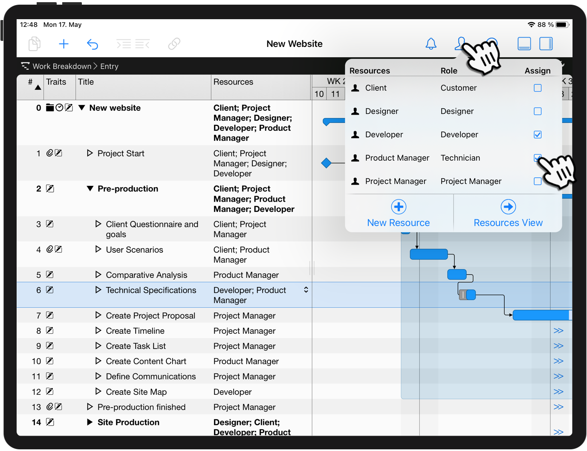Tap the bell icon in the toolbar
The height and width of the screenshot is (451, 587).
pyautogui.click(x=431, y=43)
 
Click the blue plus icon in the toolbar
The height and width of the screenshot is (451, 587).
pyautogui.click(x=64, y=43)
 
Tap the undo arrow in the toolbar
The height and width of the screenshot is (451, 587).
pyautogui.click(x=93, y=44)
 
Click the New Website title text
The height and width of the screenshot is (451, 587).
pyautogui.click(x=294, y=44)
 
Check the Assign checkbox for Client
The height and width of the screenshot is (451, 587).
pyautogui.click(x=538, y=88)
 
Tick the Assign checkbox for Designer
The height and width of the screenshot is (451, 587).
pyautogui.click(x=538, y=111)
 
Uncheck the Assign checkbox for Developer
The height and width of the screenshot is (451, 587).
pyautogui.click(x=538, y=135)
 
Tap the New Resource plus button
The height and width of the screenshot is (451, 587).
pyautogui.click(x=399, y=207)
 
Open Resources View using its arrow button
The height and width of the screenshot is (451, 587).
pyautogui.click(x=508, y=207)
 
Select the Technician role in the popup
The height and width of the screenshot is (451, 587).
pyautogui.click(x=460, y=158)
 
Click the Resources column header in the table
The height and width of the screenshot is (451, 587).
pyautogui.click(x=233, y=82)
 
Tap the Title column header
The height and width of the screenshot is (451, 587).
pyautogui.click(x=86, y=82)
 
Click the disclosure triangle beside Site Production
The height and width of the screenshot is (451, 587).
pyautogui.click(x=90, y=422)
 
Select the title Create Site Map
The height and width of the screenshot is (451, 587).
pyautogui.click(x=136, y=392)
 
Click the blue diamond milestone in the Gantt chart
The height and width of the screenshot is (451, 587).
pyautogui.click(x=327, y=163)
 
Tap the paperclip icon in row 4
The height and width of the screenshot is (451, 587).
pyautogui.click(x=49, y=249)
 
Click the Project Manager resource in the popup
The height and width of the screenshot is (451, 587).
pyautogui.click(x=395, y=182)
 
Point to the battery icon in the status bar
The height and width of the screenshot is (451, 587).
pyautogui.click(x=562, y=25)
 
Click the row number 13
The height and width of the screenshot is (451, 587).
pyautogui.click(x=36, y=407)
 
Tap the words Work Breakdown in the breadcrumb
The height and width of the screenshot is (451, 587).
pyautogui.click(x=62, y=66)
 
